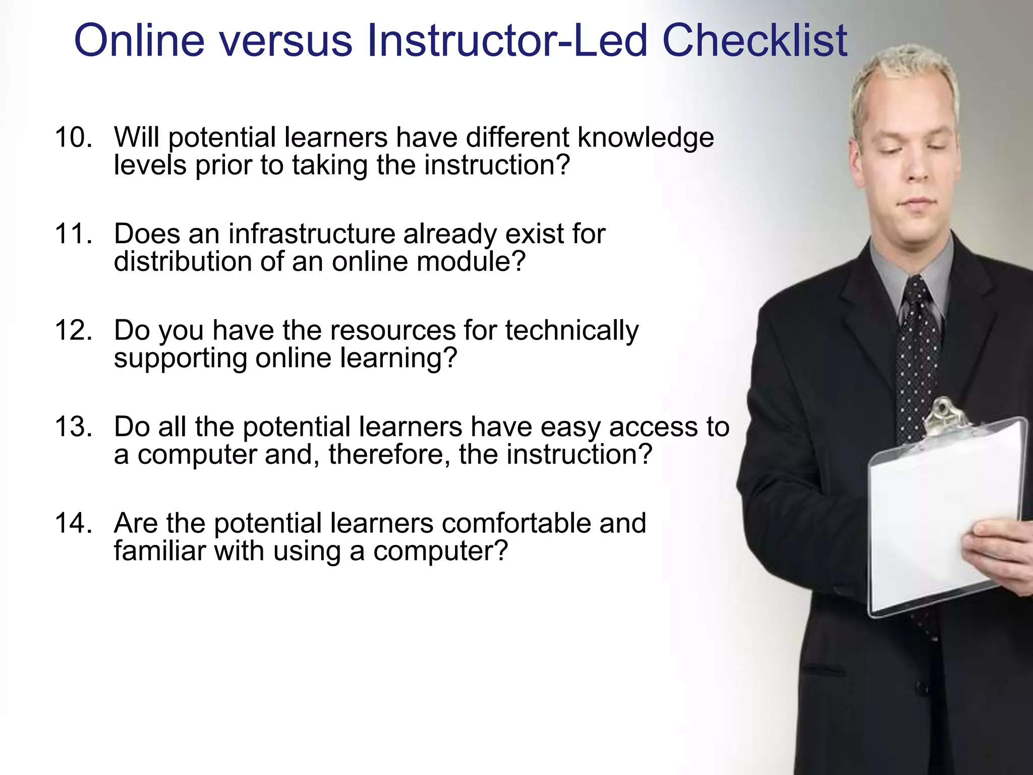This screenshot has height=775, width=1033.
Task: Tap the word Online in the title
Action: (139, 40)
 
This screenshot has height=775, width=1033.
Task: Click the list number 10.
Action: (74, 137)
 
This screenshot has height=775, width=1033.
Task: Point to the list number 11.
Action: (74, 234)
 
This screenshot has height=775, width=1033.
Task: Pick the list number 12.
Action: (74, 330)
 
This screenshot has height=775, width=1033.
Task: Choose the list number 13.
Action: (74, 426)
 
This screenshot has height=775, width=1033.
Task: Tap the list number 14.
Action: (74, 523)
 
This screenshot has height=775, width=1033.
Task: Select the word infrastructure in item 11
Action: (312, 234)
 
